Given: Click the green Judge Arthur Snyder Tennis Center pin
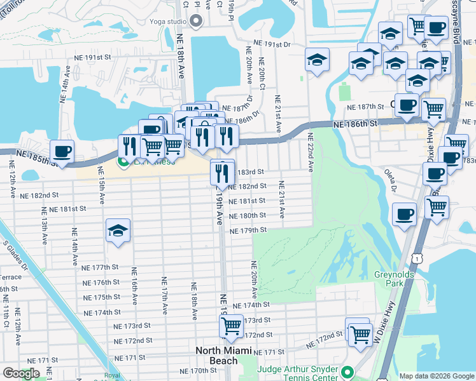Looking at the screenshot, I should pos(347,371).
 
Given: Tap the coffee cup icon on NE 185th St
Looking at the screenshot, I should pos(62,151).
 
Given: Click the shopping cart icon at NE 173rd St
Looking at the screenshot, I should pos(231,326).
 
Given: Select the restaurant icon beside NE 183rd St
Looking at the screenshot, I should pos(222,171).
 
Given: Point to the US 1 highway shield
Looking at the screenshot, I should pos(416,256).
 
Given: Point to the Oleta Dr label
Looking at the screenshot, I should pos(390,180).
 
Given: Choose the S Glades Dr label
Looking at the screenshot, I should pos(14,254).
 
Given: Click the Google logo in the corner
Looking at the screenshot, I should pos(21,373).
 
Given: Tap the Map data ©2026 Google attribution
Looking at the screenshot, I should pos(436,376).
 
